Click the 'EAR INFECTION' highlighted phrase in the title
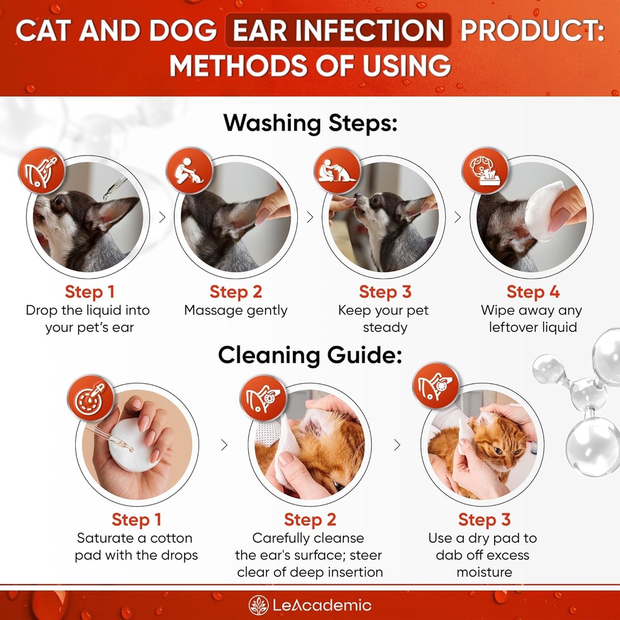click(x=338, y=31)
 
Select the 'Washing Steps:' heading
click(x=310, y=123)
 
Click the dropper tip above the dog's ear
click(x=109, y=194)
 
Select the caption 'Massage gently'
click(x=236, y=311)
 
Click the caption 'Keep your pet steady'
click(x=384, y=319)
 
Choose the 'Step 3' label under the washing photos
click(x=384, y=292)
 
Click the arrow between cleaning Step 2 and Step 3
click(x=397, y=446)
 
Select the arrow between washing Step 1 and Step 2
click(x=162, y=217)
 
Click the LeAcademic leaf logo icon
click(x=258, y=605)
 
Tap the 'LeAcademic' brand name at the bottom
click(x=322, y=605)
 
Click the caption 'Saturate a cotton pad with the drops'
click(x=136, y=547)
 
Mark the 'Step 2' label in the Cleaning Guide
click(x=309, y=519)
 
